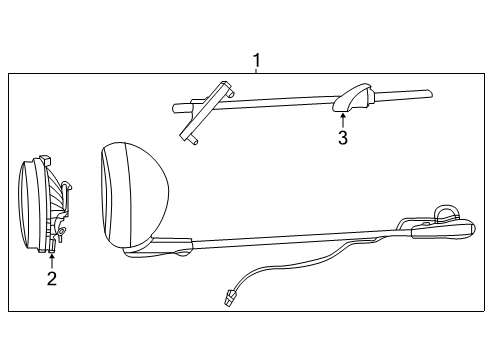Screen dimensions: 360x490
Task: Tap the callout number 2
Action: [51, 279]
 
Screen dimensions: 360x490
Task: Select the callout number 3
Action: [343, 138]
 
